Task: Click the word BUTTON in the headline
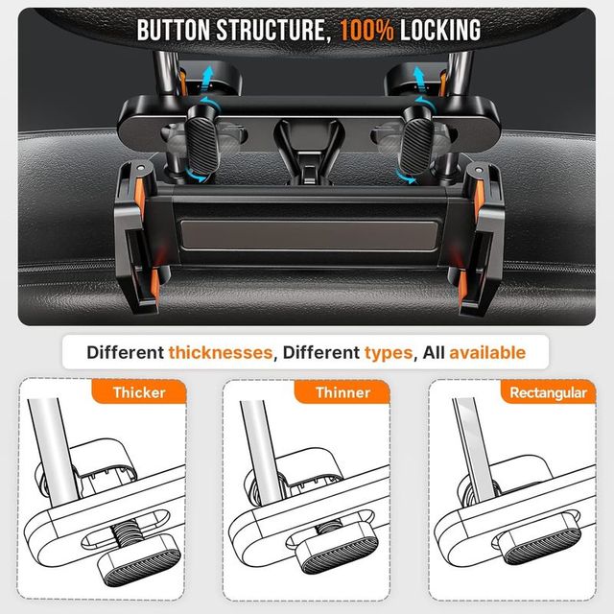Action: (179, 29)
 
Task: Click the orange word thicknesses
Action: (220, 352)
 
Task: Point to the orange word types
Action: (388, 352)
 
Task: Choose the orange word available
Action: (487, 352)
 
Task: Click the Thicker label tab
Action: (139, 392)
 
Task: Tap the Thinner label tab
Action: (342, 392)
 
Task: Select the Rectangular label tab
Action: (548, 392)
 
